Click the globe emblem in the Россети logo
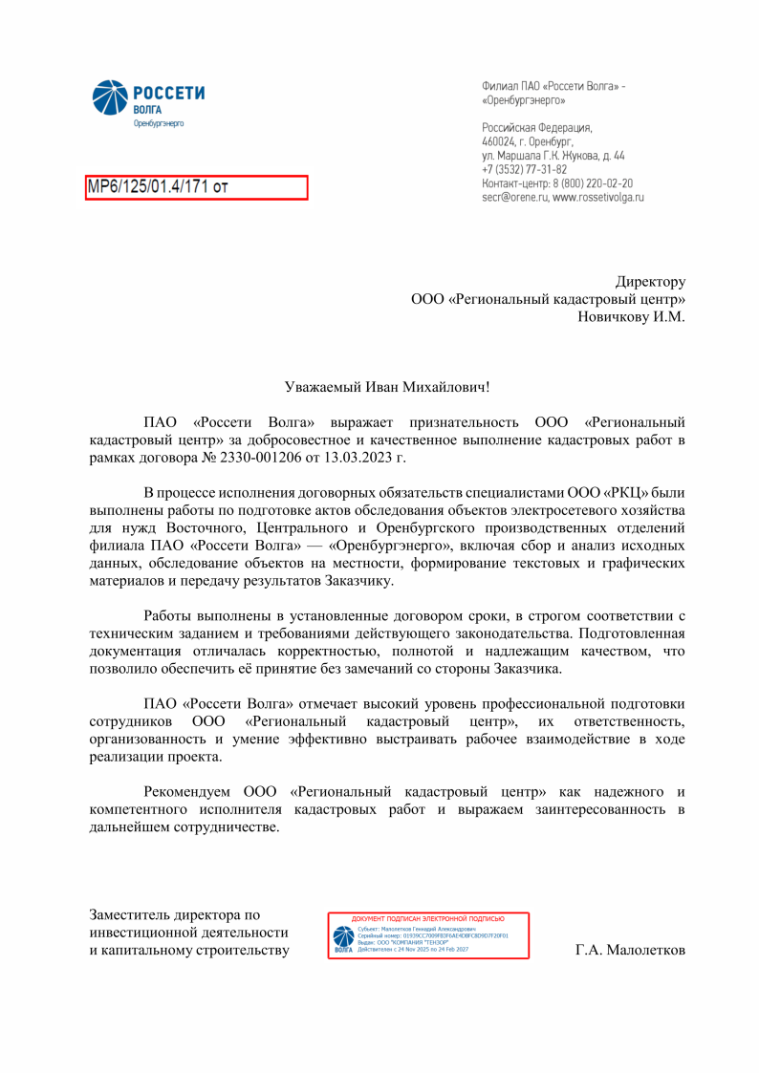(109, 97)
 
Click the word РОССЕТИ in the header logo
(168, 93)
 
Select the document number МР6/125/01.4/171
(148, 187)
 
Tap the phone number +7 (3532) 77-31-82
(525, 169)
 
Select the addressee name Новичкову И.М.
(631, 316)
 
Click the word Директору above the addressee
(650, 282)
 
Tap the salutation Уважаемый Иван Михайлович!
(387, 387)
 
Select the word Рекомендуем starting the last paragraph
(190, 792)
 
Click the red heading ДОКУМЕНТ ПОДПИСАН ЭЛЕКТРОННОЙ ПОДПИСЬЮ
(428, 919)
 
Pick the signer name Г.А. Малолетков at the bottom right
(630, 951)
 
